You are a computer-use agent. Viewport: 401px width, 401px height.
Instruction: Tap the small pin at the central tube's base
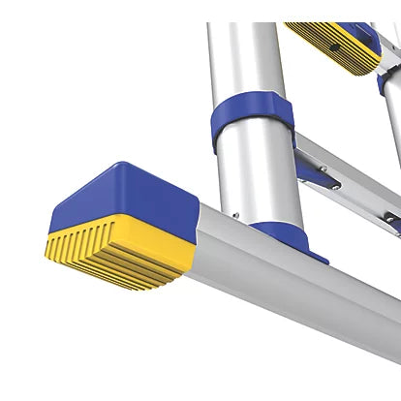235,216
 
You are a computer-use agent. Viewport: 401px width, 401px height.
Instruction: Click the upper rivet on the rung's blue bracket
323,169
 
